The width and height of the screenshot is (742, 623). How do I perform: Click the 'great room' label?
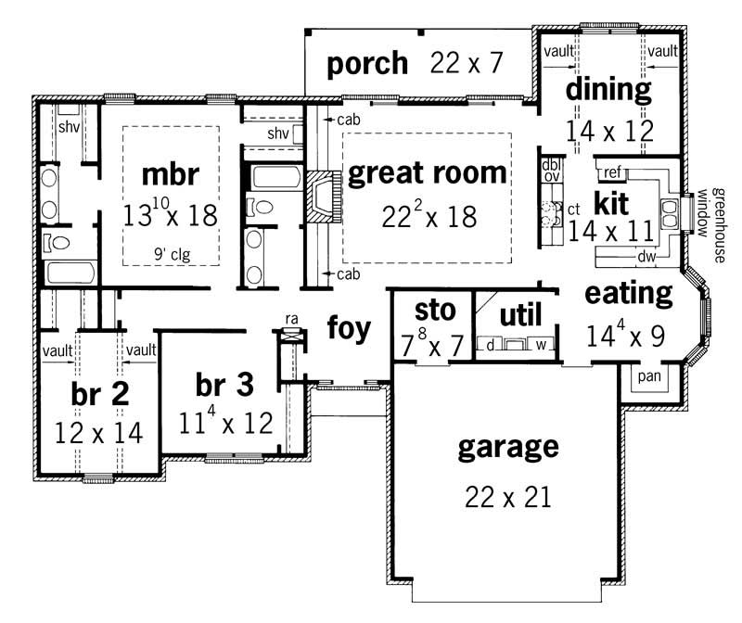click(x=428, y=173)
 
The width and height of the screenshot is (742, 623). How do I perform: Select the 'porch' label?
click(x=367, y=63)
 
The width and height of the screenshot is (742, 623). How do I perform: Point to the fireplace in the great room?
click(x=317, y=197)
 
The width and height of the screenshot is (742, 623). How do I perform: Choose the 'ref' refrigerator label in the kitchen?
click(x=612, y=172)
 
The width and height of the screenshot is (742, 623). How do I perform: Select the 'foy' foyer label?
click(x=349, y=327)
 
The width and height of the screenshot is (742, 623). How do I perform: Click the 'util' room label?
click(x=519, y=314)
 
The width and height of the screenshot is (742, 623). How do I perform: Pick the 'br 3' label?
click(x=224, y=383)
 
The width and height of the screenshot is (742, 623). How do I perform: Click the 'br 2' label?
click(x=99, y=393)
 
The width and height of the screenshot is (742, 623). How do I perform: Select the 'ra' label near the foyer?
click(x=291, y=319)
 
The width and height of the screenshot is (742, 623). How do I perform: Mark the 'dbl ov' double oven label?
click(x=551, y=171)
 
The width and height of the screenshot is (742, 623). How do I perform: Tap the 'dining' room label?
click(x=608, y=90)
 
